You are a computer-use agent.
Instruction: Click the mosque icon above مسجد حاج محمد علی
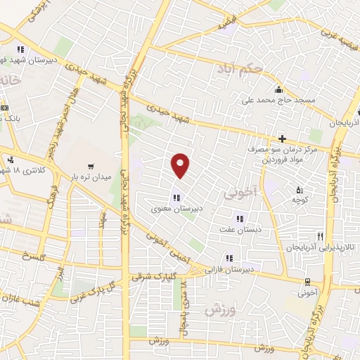click(x=279, y=89)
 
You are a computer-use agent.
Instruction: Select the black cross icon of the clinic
click(x=283, y=139)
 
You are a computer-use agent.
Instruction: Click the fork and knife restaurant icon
click(x=321, y=237)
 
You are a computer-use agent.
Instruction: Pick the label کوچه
click(x=302, y=200)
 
